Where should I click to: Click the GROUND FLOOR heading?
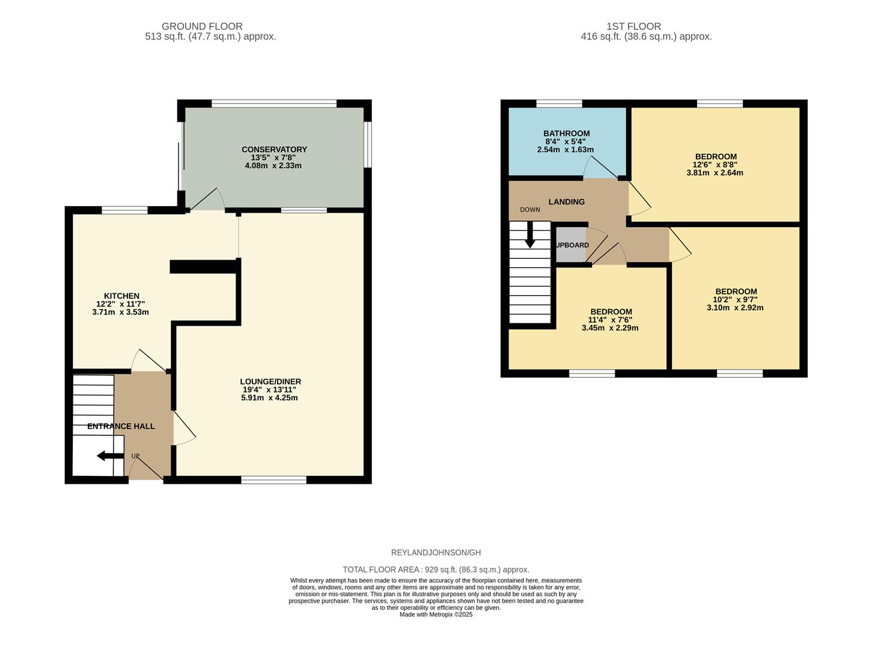(x=202, y=26)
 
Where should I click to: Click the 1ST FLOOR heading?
(x=633, y=26)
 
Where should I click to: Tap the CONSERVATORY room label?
(x=274, y=150)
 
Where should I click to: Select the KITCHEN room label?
(x=121, y=296)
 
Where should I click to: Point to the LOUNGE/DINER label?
(x=270, y=382)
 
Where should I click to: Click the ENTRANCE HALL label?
(x=121, y=426)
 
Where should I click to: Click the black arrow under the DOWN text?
(x=530, y=235)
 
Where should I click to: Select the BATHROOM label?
(x=566, y=133)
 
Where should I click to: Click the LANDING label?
(x=566, y=202)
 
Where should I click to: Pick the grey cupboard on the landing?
(x=570, y=245)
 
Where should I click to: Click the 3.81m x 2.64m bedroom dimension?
(x=715, y=173)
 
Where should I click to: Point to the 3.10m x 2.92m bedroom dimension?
(x=735, y=308)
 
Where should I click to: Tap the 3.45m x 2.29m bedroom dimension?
(x=610, y=328)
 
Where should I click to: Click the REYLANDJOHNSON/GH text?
(x=436, y=553)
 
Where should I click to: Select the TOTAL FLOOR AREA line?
(x=436, y=570)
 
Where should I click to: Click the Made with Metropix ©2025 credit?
(x=436, y=615)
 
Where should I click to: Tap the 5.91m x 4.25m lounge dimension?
(x=269, y=398)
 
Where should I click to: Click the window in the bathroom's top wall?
(x=559, y=104)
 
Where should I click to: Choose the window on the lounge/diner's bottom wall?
(x=273, y=480)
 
